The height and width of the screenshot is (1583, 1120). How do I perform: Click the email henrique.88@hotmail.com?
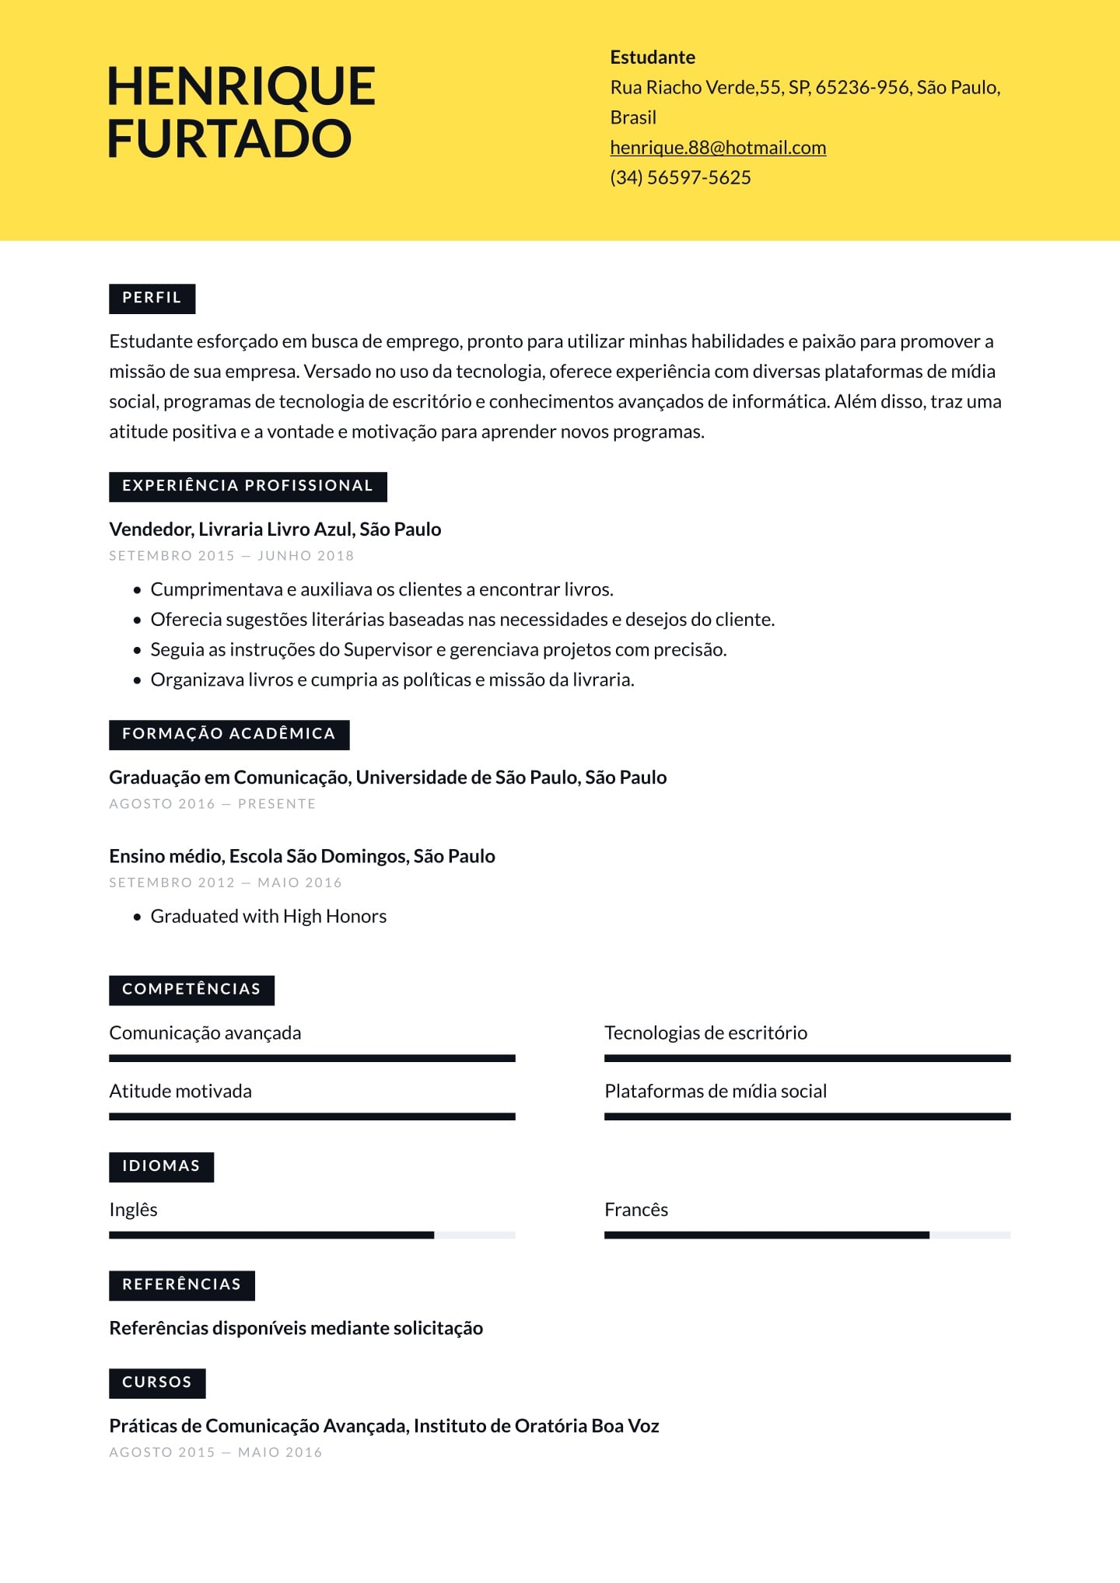coord(718,148)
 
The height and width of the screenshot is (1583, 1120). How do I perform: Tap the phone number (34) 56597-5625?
coord(681,178)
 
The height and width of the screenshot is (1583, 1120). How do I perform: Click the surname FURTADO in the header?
coord(229,138)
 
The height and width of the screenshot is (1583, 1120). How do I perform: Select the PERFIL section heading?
coord(152,298)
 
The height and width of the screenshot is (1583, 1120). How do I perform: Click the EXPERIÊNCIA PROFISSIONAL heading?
coord(247,486)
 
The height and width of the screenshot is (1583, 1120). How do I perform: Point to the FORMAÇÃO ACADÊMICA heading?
coord(229,734)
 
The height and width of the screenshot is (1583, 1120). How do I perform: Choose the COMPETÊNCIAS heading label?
coord(191,989)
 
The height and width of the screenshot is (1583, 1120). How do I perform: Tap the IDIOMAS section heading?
coord(161,1166)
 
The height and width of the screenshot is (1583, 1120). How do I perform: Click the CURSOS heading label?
coord(157,1382)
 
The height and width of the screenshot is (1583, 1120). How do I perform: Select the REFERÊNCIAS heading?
coord(181,1284)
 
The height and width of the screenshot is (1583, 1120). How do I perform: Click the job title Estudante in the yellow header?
coord(653,58)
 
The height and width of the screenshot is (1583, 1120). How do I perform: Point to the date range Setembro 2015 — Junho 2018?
coord(232,556)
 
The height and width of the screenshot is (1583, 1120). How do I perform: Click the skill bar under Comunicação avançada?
coord(312,1058)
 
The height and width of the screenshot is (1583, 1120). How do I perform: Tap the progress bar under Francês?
coord(807,1235)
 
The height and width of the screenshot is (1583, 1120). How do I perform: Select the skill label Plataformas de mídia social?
coord(716,1092)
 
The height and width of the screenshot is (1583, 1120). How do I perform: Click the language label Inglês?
coord(133,1210)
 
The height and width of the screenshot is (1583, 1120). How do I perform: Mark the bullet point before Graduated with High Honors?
coord(138,917)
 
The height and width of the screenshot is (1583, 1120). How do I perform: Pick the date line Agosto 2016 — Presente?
coord(212,804)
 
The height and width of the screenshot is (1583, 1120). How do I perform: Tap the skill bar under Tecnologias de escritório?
coord(807,1058)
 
